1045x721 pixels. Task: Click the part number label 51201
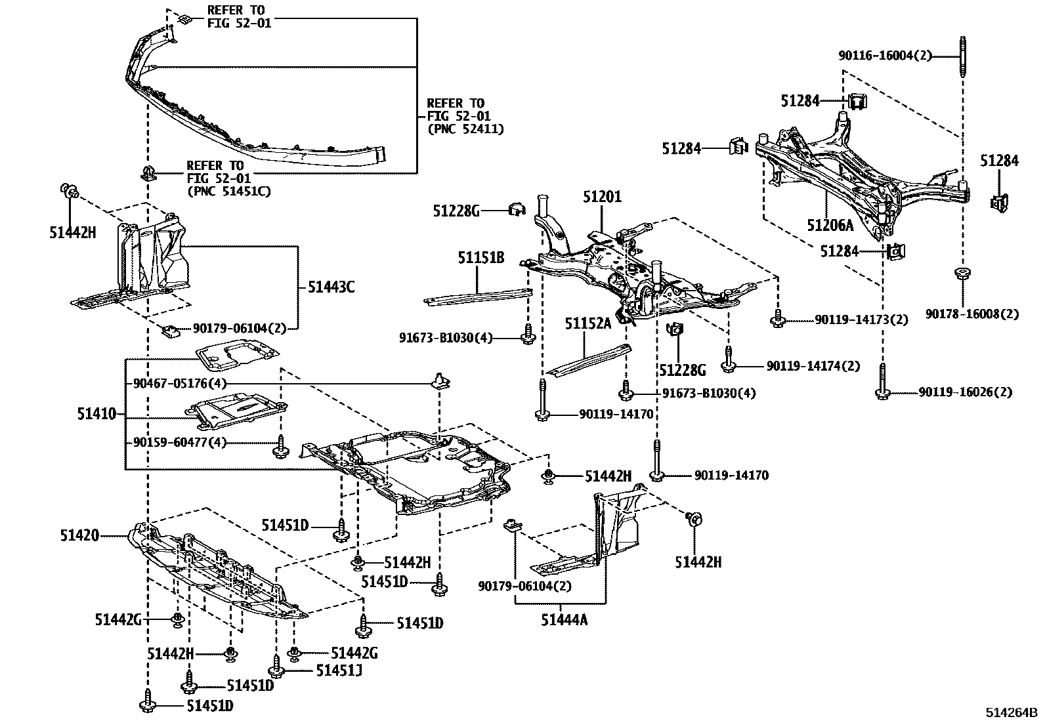pos(602,196)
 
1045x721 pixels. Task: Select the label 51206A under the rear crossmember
pos(830,226)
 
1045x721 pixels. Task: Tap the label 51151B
pos(480,258)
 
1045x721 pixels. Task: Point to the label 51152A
pos(588,323)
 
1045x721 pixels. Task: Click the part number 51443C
pos(331,287)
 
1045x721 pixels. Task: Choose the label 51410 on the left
pos(96,414)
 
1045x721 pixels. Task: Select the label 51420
pos(79,535)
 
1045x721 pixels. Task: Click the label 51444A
pos(564,619)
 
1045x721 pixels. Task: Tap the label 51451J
pos(339,670)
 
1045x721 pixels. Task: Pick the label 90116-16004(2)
pos(885,56)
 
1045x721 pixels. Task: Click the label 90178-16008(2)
pos(972,314)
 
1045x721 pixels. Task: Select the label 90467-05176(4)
pos(179,383)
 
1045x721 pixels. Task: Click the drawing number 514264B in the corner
pos(1010,712)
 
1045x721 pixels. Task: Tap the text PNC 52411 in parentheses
pos(465,129)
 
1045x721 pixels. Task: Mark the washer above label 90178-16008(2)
pos(962,273)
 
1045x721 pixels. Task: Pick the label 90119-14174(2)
pos(813,366)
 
